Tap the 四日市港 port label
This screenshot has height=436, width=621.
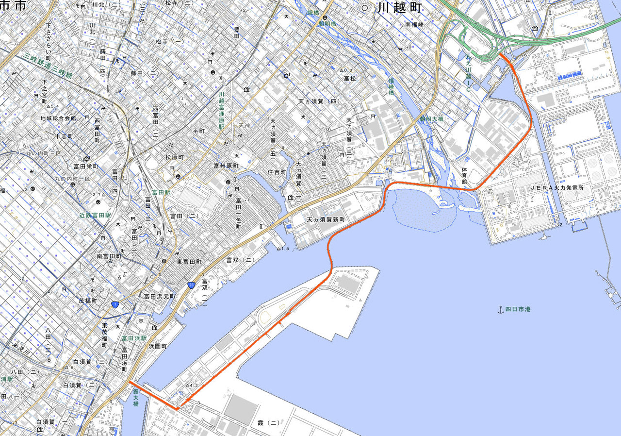click(518, 309)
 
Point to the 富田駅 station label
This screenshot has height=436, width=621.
click(161, 192)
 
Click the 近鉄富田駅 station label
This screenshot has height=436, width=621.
click(96, 215)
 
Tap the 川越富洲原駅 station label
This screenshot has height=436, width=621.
click(221, 110)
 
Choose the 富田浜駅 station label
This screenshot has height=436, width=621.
click(134, 337)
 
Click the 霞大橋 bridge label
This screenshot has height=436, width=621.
click(136, 397)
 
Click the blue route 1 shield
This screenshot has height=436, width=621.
click(115, 304)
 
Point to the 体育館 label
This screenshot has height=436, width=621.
click(464, 175)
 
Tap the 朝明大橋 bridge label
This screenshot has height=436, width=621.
click(432, 118)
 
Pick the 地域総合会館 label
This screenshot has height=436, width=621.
click(58, 118)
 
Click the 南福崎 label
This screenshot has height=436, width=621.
click(414, 24)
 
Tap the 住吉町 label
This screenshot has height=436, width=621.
click(277, 172)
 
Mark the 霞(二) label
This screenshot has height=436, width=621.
click(267, 423)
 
